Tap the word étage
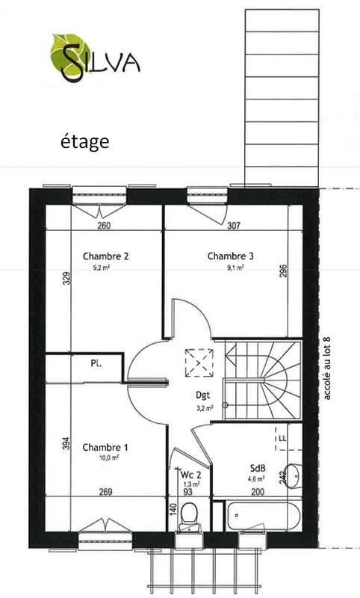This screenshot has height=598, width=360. (x=85, y=142)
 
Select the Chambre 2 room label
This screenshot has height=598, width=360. (x=105, y=256)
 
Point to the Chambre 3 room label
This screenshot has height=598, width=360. (x=230, y=256)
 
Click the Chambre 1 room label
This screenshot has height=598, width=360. (x=105, y=447)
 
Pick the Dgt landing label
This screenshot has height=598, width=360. (x=202, y=395)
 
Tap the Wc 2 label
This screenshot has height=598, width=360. (x=190, y=475)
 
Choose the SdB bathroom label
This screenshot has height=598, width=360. (x=258, y=469)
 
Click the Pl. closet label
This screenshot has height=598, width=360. (x=96, y=363)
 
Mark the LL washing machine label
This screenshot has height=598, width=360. (x=282, y=439)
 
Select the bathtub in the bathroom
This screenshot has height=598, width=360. (x=264, y=516)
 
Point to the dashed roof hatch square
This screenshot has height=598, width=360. (x=199, y=363)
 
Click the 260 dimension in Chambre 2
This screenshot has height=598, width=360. (x=104, y=226)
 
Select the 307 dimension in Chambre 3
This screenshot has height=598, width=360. (x=234, y=226)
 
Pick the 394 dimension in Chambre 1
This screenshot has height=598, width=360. (x=66, y=443)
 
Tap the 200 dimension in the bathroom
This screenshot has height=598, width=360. (x=258, y=492)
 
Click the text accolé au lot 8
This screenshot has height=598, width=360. (x=327, y=368)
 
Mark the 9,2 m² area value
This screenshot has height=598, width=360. (x=102, y=268)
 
